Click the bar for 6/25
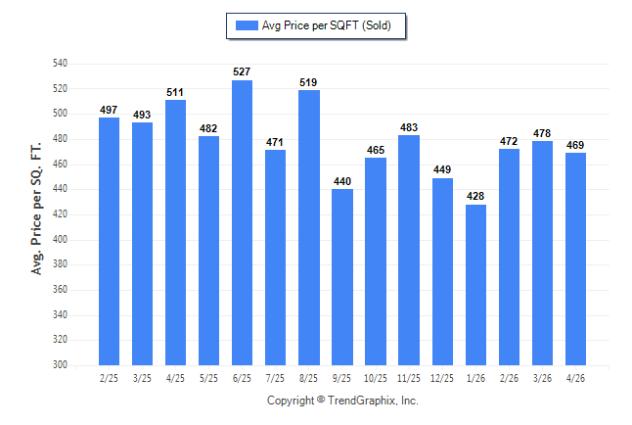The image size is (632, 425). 242,223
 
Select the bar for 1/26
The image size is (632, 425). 475,285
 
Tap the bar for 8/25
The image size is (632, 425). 309,227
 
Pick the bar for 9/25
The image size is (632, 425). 342,277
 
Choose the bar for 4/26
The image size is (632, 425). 575,260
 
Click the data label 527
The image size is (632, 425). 242,71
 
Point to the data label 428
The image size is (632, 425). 475,196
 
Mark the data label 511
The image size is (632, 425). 175,92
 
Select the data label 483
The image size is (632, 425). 409,127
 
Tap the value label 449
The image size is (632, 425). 442,169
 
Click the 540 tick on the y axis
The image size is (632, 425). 60,64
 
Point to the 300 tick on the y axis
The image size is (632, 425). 60,365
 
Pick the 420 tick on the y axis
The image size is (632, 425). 60,213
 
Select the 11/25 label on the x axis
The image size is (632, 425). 409,378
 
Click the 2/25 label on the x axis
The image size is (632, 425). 109,378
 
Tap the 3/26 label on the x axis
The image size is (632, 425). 542,378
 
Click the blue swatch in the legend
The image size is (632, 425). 247,25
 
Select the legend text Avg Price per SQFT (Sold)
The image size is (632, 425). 327,25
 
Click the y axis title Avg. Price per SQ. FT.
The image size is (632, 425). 36,209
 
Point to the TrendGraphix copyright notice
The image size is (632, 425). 342,401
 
